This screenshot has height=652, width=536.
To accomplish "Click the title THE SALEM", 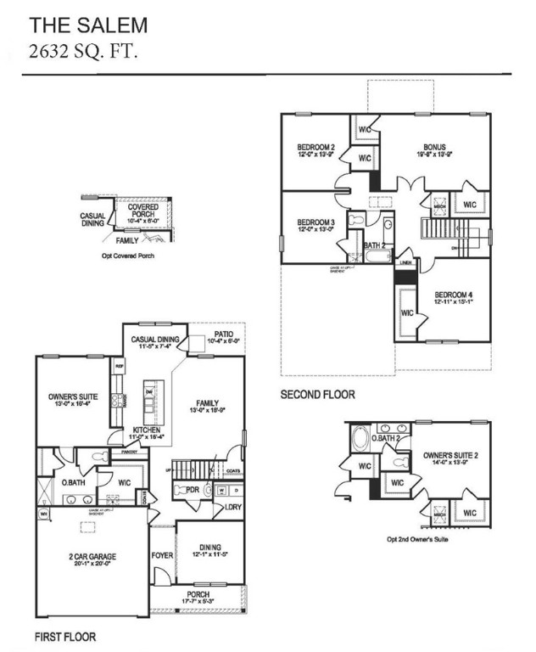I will [x=89, y=25].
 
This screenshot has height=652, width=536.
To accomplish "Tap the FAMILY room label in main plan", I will [x=207, y=403].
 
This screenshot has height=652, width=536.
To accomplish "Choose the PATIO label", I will [x=224, y=334].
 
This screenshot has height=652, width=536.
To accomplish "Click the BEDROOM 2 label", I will [x=315, y=148].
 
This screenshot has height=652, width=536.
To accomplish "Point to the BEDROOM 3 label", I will [x=315, y=222].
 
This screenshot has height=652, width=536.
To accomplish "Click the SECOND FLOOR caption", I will [x=318, y=395].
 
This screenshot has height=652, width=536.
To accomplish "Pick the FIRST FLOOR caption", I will [x=64, y=636].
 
